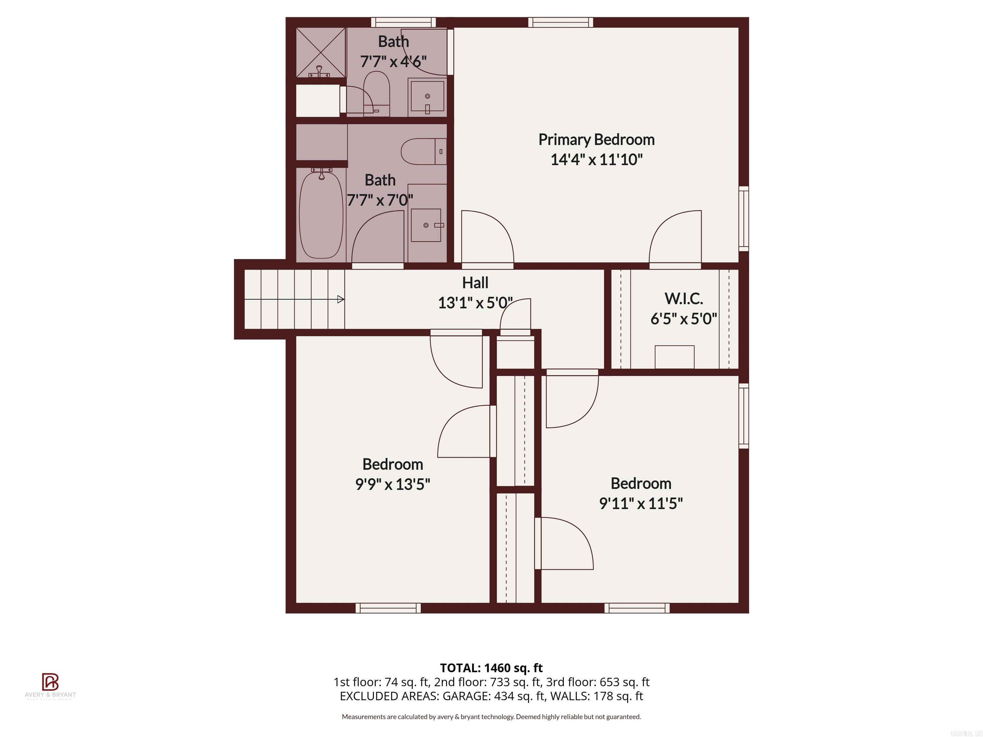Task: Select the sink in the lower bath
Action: (426, 225)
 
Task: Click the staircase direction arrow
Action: (340, 299)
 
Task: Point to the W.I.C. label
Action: (683, 298)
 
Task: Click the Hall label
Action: (475, 282)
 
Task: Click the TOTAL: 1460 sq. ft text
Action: (491, 668)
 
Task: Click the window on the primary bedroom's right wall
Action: (743, 218)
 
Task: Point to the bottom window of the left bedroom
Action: (388, 608)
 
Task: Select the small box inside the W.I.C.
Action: (674, 357)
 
